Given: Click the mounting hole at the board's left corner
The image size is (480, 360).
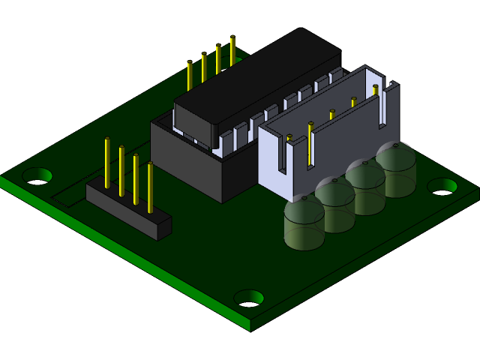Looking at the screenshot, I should [37, 176].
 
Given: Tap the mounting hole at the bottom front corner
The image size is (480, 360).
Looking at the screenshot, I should [249, 298].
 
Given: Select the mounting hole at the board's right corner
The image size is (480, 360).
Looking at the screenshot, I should [442, 185].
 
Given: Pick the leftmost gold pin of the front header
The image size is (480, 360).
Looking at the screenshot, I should [107, 162].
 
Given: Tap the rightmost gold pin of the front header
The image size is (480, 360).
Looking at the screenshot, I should [150, 186].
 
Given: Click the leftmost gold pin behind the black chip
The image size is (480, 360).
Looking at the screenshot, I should [190, 75].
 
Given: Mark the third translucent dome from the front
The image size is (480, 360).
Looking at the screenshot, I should [365, 187].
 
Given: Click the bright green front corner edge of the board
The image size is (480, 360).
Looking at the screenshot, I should [250, 324].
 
